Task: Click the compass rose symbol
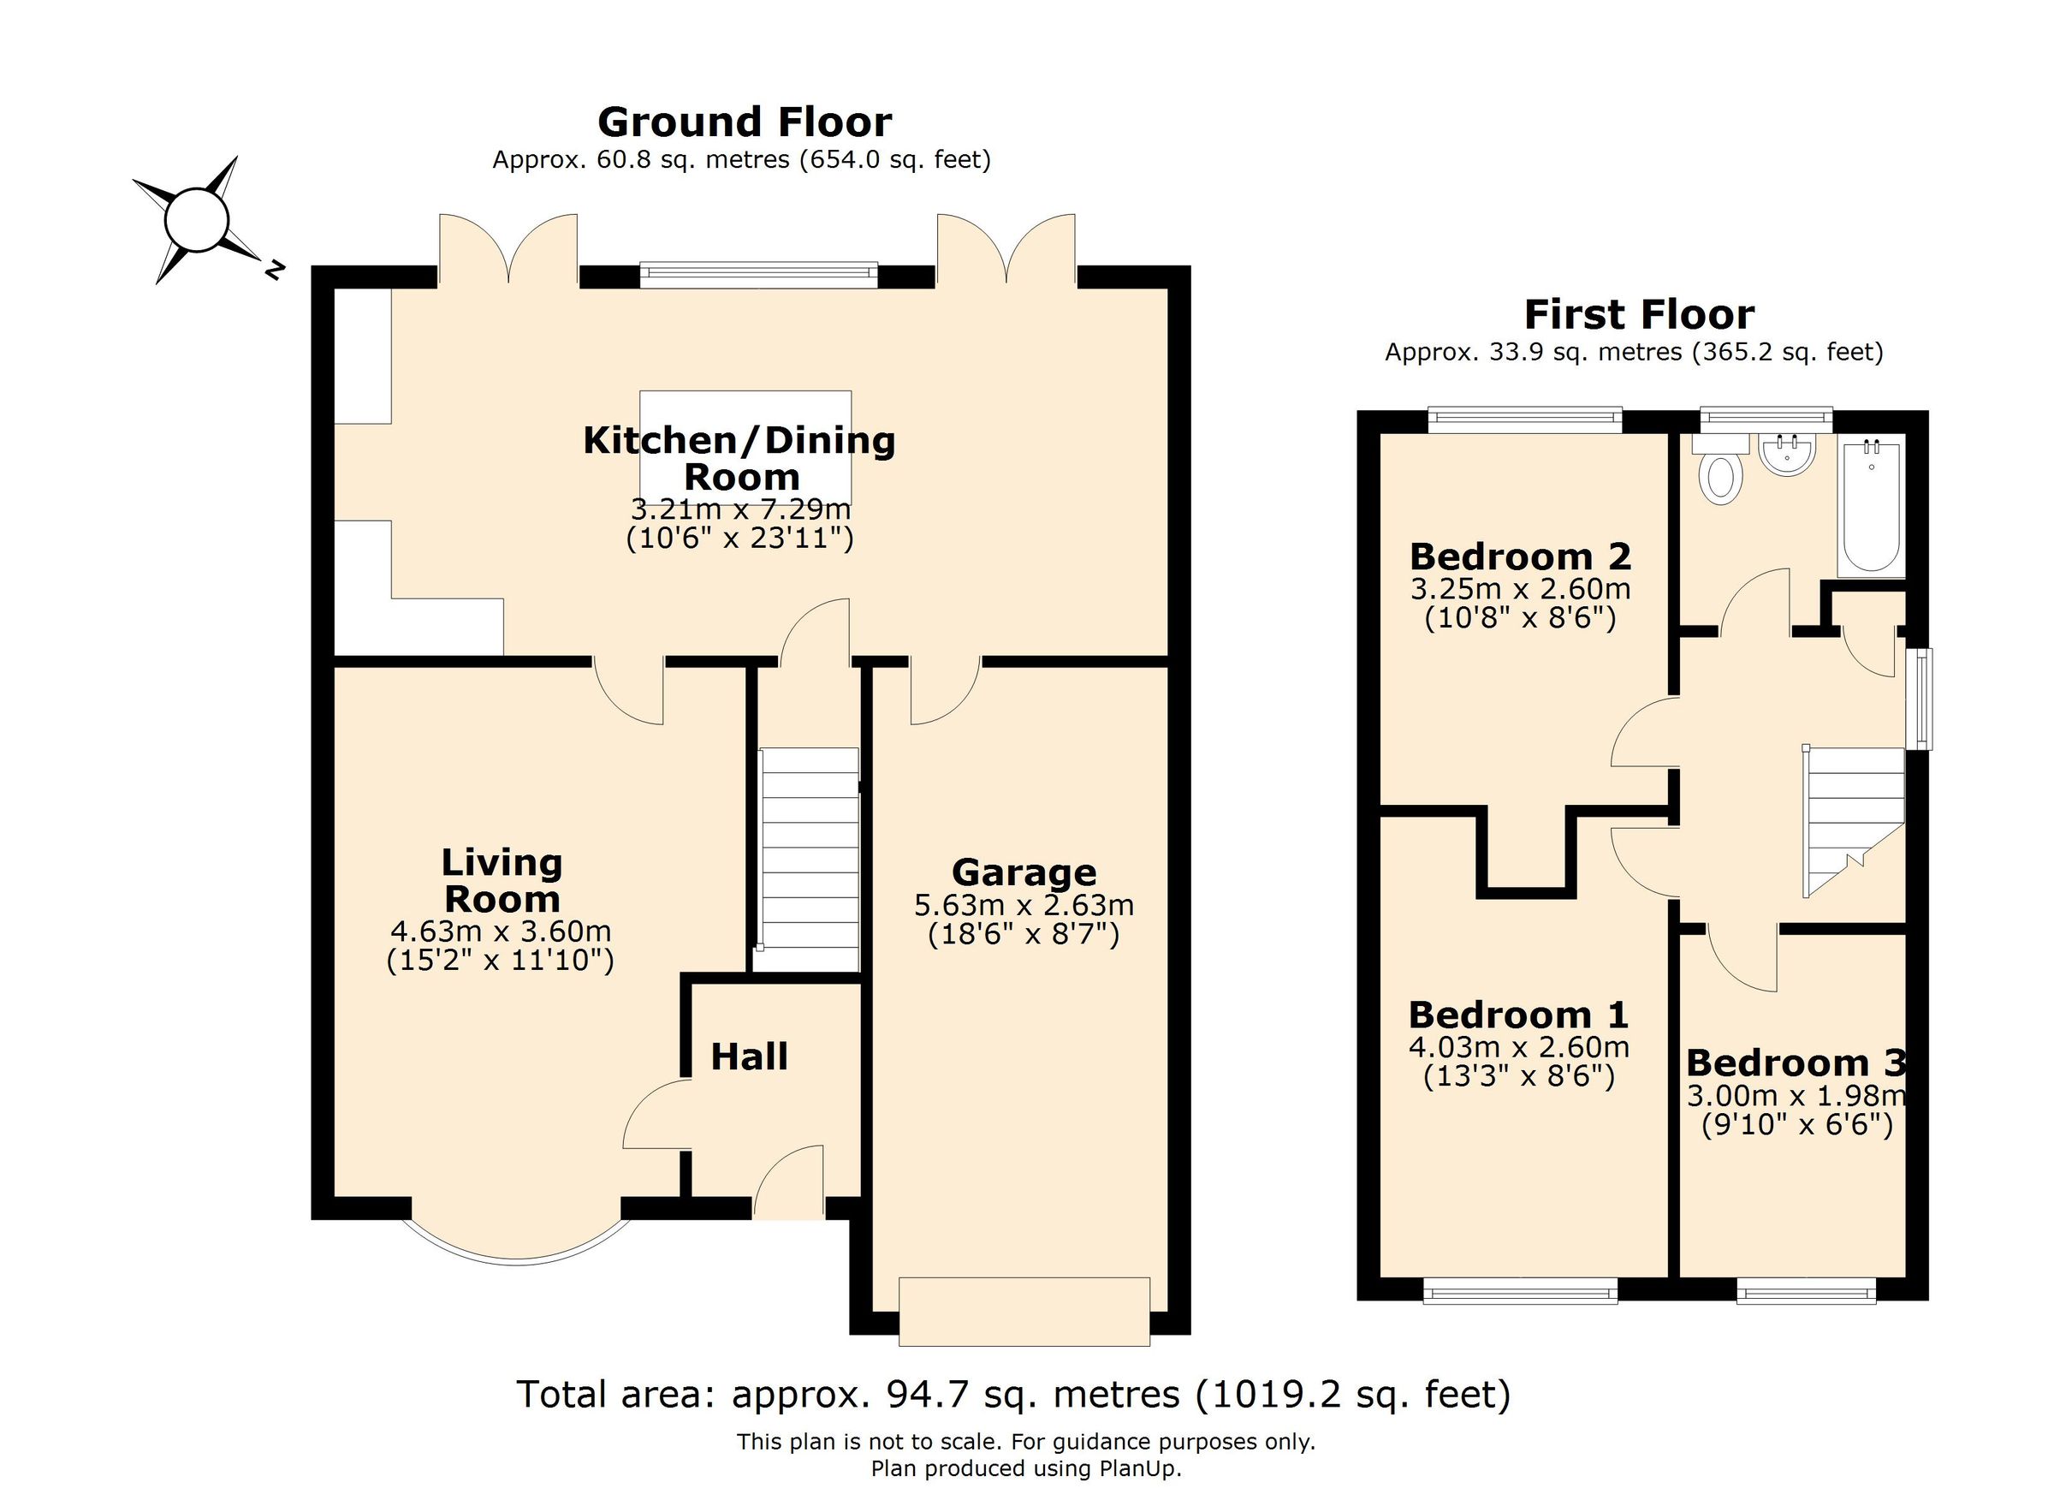[x=196, y=220]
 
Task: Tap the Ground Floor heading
[x=745, y=122]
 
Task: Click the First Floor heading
[x=1638, y=314]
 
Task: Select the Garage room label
[x=1024, y=872]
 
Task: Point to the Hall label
[x=749, y=1057]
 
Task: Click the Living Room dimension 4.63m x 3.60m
[x=501, y=932]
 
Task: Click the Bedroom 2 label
[x=1520, y=556]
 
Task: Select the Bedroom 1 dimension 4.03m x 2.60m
[x=1519, y=1047]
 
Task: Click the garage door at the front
[x=1024, y=1311]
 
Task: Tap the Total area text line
[x=1013, y=1395]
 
